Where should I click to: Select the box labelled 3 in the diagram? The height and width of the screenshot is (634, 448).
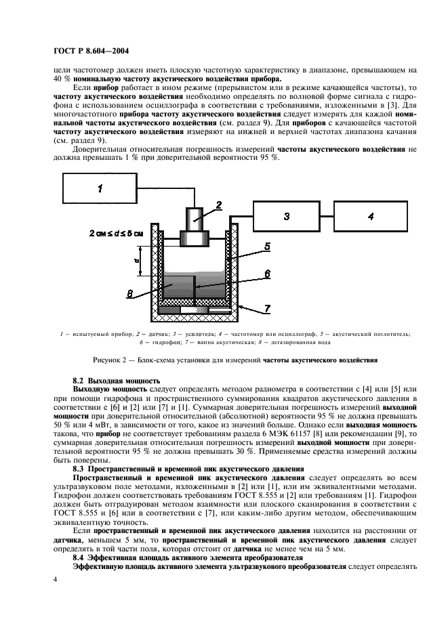click(x=286, y=216)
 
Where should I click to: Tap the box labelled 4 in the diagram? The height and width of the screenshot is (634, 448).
click(x=370, y=216)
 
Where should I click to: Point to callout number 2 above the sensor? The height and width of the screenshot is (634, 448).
click(x=219, y=205)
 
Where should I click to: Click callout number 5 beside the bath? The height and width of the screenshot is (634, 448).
click(x=268, y=247)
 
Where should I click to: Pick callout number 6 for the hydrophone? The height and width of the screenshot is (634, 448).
click(x=268, y=274)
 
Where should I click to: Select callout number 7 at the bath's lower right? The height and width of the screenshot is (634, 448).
click(x=268, y=310)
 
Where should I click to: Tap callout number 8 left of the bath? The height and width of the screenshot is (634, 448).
click(x=130, y=294)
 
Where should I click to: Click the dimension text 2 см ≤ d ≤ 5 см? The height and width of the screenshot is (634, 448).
click(x=116, y=234)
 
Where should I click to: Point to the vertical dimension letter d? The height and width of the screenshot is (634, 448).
click(x=137, y=261)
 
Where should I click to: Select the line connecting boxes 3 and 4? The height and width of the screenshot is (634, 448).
click(x=327, y=216)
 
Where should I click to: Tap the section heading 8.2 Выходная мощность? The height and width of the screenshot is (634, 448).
click(x=117, y=381)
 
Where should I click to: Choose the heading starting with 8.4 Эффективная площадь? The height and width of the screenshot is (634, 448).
click(x=188, y=558)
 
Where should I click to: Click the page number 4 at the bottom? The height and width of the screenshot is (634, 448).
click(x=56, y=580)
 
